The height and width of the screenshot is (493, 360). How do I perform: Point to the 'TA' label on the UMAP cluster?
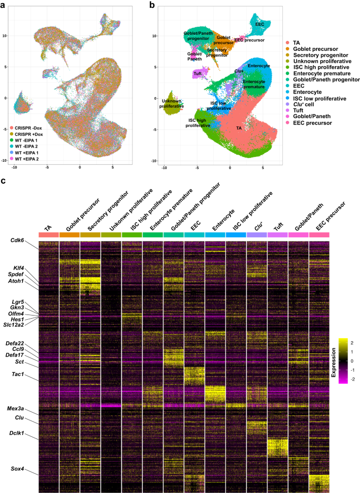[x=239, y=128]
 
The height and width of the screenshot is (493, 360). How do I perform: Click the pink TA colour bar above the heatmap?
[x=48, y=234]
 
